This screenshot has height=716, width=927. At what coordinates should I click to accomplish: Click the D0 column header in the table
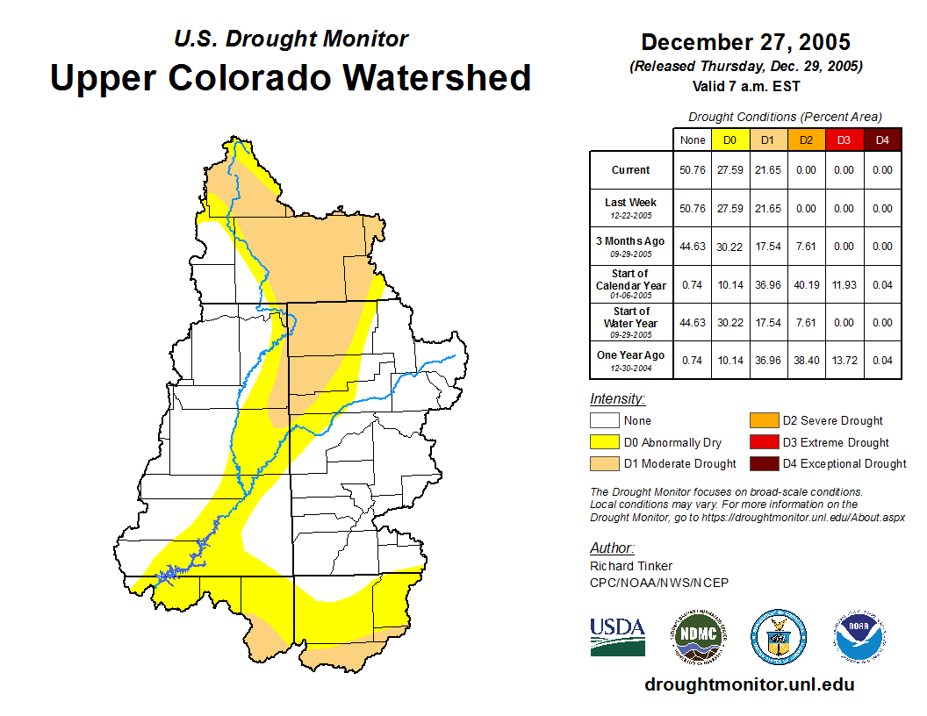pos(730,140)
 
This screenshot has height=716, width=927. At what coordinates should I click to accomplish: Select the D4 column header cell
pos(882,140)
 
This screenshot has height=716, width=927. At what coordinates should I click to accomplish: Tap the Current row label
pos(631,170)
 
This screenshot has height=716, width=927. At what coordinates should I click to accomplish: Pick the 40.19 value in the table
pos(806,284)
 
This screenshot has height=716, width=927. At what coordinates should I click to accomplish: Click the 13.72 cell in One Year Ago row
pos(844,361)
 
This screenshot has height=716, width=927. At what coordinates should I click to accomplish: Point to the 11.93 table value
pos(844,284)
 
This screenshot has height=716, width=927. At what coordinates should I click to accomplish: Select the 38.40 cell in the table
pos(806,361)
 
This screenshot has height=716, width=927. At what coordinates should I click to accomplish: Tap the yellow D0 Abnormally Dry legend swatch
pos(605,442)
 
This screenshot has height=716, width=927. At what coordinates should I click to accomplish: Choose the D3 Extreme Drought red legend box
pos(764,442)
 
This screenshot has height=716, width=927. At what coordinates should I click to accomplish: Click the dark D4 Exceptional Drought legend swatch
pos(764,463)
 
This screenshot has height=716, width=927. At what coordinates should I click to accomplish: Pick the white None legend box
pos(605,421)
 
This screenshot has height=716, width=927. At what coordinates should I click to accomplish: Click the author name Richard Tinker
pos(631,566)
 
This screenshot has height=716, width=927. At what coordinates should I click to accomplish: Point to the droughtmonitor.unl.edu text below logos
pos(749,684)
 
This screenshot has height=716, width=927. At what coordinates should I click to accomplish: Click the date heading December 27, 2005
pos(745,42)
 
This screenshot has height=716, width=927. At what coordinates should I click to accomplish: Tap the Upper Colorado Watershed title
pos(291,77)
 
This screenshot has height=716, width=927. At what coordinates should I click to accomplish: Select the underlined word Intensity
pos(617,399)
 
